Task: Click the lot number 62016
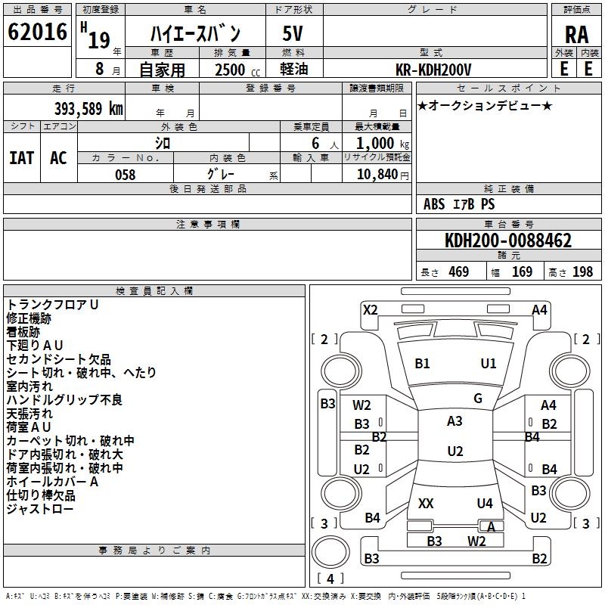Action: [x=37, y=33]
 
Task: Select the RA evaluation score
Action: [x=576, y=35]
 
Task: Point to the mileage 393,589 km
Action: [x=88, y=108]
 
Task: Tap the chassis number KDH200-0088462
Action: [x=508, y=241]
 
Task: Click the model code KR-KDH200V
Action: [x=433, y=69]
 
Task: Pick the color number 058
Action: [x=125, y=175]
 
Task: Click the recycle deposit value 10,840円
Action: [x=377, y=175]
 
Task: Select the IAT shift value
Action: [x=21, y=158]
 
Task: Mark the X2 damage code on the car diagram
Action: [x=370, y=309]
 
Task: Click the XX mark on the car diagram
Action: [x=426, y=504]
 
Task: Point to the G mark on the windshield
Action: [x=478, y=399]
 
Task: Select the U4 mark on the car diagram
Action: [x=485, y=504]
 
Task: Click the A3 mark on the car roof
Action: [x=455, y=421]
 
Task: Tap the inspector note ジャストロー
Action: [x=40, y=510]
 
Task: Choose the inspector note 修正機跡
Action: [x=29, y=318]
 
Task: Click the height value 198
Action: [x=582, y=272]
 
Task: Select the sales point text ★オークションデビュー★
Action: [x=485, y=105]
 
